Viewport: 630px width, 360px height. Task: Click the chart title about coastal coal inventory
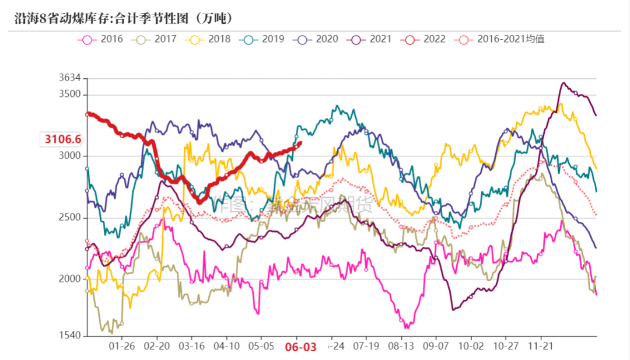[x=124, y=18]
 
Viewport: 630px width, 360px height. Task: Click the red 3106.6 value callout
[x=61, y=139]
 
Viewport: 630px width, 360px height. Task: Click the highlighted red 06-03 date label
[x=300, y=347]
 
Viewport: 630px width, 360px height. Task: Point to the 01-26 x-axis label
[x=121, y=346]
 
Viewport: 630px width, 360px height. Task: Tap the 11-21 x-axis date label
[x=541, y=346]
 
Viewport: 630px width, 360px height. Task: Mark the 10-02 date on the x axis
[x=471, y=346]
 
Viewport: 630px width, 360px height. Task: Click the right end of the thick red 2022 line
[x=300, y=143]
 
